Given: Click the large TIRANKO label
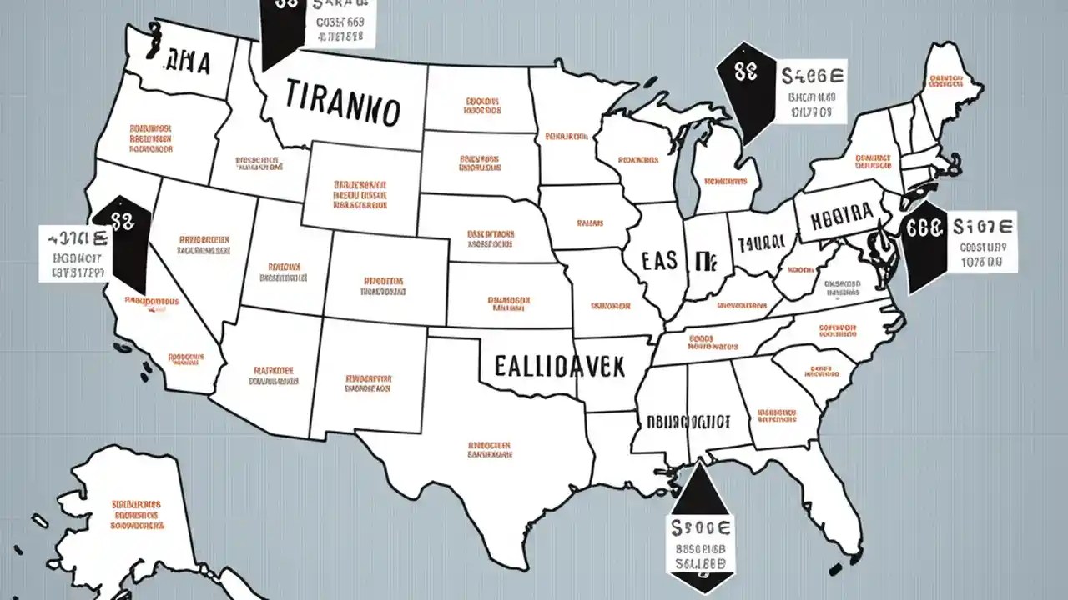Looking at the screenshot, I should (342, 105).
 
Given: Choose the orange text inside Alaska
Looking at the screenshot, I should (136, 516).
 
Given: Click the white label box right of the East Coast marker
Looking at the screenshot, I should (982, 242).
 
